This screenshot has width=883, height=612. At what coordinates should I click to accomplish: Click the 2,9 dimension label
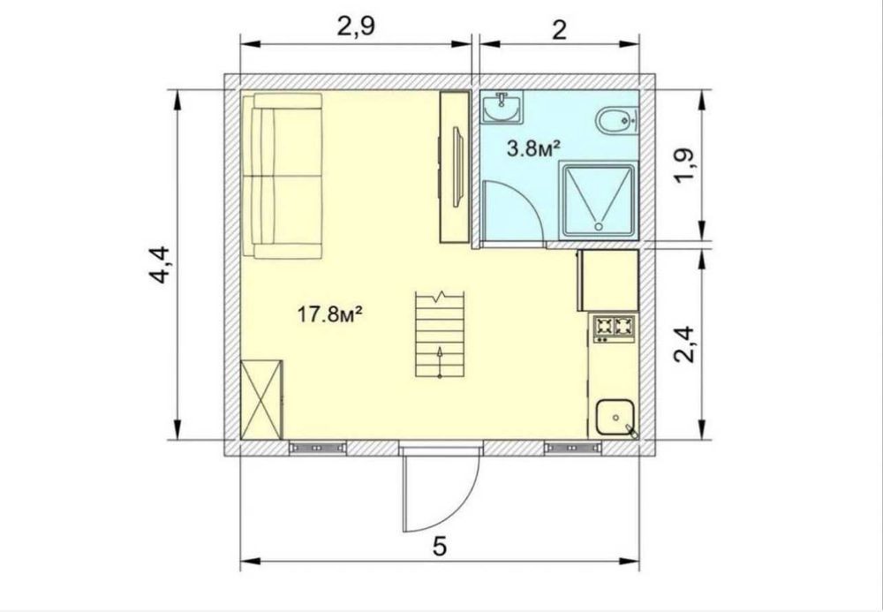pyautogui.click(x=356, y=26)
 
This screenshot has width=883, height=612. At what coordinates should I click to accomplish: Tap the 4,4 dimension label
pyautogui.click(x=159, y=265)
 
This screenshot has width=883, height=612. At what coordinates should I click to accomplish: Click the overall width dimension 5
pyautogui.click(x=440, y=546)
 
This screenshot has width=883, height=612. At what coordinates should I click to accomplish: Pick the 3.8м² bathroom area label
pyautogui.click(x=534, y=149)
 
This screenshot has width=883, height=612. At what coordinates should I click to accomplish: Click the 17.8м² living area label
pyautogui.click(x=329, y=314)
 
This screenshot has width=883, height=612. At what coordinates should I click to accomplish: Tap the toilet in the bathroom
pyautogui.click(x=616, y=119)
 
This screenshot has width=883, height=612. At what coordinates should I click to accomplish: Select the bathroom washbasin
pyautogui.click(x=502, y=107)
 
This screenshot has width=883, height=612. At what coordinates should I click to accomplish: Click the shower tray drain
pyautogui.click(x=599, y=226)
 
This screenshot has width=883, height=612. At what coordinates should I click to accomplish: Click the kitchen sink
pyautogui.click(x=615, y=417)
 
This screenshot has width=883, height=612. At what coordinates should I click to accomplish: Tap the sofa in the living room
pyautogui.click(x=283, y=176)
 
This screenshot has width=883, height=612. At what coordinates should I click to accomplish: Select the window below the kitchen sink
pyautogui.click(x=573, y=448)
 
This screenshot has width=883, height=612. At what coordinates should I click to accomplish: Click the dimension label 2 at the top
pyautogui.click(x=559, y=29)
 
